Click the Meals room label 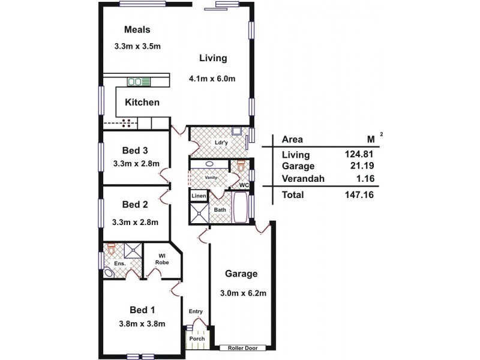pos(137,29)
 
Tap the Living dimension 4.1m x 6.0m pos(212,78)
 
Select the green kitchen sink pos(138,81)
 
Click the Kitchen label pos(142,103)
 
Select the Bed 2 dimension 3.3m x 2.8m pos(135,221)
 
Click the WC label pos(244,185)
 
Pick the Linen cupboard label pos(199,197)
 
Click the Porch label pos(197,339)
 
